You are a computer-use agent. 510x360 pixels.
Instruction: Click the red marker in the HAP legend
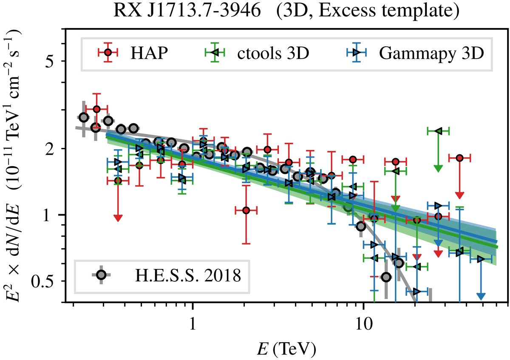pyautogui.click(x=108, y=52)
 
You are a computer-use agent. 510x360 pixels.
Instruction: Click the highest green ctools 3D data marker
pyautogui.click(x=437, y=130)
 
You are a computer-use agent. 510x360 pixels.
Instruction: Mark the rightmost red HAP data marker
pyautogui.click(x=459, y=158)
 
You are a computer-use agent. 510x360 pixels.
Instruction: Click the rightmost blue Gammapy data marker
pyautogui.click(x=481, y=259)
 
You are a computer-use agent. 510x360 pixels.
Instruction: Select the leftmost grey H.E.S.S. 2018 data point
pyautogui.click(x=84, y=118)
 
